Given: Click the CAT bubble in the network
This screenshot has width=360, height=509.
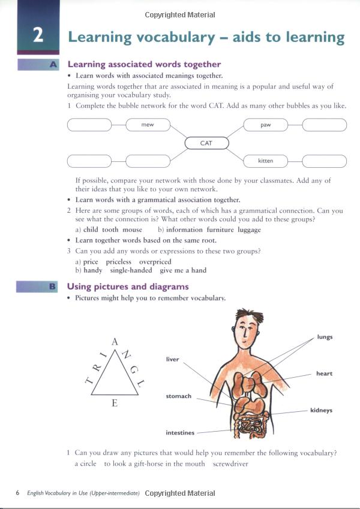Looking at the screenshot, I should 206,143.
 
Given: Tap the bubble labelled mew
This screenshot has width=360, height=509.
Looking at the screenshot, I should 148,125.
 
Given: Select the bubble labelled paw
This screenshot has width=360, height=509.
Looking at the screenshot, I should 265,125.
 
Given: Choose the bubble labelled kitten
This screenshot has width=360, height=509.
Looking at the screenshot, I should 265,161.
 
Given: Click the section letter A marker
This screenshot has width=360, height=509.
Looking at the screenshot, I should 53,64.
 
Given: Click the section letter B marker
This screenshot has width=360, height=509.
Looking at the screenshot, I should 53,287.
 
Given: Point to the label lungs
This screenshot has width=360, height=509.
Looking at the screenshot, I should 325,337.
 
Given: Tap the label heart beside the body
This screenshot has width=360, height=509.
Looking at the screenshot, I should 324,374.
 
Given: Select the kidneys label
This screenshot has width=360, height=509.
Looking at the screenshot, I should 321,411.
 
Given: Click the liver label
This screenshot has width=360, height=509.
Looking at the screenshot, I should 172,359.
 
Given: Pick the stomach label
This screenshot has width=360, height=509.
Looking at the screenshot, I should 178,396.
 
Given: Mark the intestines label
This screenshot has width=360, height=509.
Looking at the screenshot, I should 180,432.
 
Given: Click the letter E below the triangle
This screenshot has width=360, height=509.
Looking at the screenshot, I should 115,403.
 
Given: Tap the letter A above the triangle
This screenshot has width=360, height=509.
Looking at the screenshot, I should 115,342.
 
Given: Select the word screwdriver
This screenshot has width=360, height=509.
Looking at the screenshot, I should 230,463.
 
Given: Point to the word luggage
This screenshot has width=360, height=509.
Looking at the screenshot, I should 249,230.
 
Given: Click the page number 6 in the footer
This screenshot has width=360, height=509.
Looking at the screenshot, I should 18,493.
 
